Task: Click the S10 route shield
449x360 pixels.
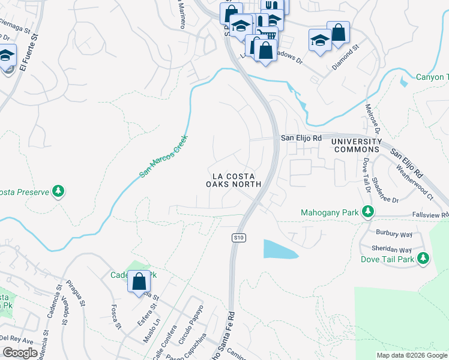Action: coord(239,238)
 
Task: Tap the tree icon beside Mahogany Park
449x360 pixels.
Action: coord(368,212)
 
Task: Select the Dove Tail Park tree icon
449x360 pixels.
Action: coord(423,259)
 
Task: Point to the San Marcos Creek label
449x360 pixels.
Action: coord(164,156)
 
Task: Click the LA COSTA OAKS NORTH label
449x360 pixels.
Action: coord(237,180)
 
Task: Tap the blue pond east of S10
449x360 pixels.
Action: coord(279,249)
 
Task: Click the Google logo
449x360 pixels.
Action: coord(20,352)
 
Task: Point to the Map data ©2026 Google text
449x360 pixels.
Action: coord(411,355)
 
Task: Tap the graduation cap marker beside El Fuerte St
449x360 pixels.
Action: coord(6,58)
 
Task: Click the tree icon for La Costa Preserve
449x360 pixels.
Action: coord(58,191)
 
